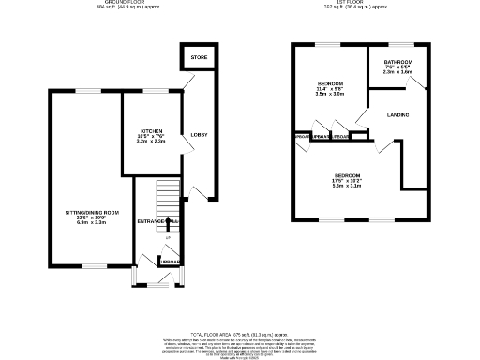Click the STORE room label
[198, 58]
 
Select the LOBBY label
[199, 135]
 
